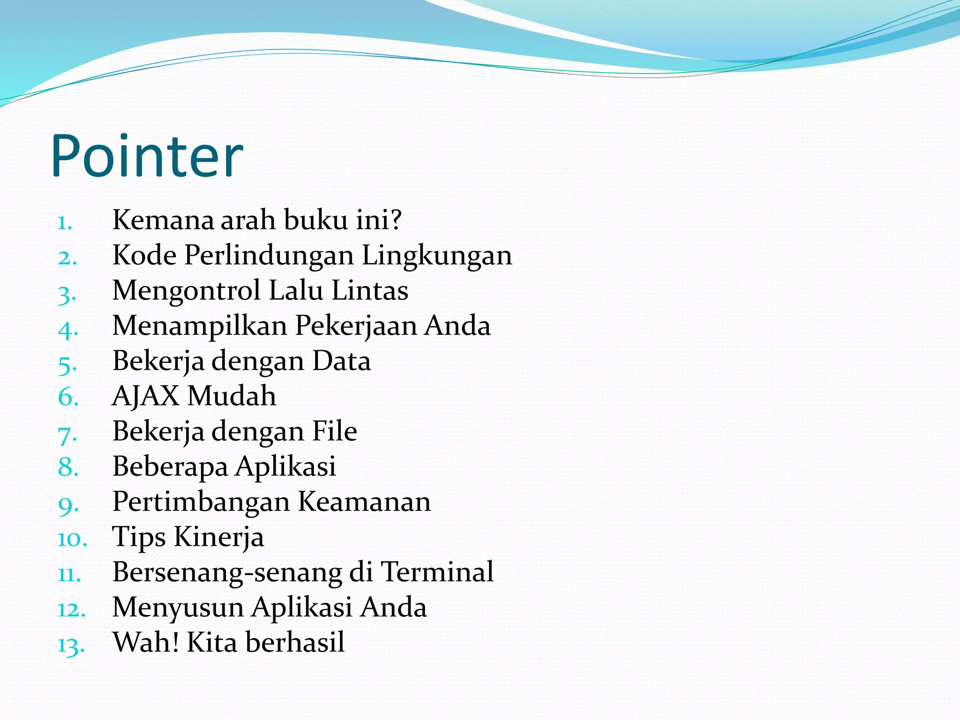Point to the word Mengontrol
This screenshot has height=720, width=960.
186,291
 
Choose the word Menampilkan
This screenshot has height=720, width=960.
200,325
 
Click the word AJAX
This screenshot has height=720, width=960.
145,396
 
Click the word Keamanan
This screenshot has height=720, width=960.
364,502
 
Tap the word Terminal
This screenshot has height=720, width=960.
437,572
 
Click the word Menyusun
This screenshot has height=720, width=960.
178,607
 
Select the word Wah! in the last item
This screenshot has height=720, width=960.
146,642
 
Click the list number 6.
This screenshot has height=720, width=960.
68,397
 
